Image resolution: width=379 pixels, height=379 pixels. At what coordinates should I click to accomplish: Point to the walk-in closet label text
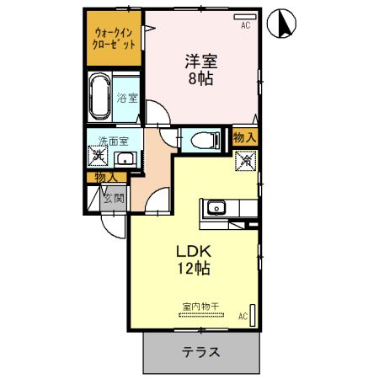(115, 38)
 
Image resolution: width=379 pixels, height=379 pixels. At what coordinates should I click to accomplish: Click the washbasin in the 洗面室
(124, 159)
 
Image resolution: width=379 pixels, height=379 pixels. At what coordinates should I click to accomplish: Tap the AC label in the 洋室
(246, 26)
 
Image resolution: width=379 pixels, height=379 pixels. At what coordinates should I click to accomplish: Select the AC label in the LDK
(242, 317)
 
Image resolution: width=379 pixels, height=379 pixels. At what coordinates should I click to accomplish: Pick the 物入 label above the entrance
(106, 178)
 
